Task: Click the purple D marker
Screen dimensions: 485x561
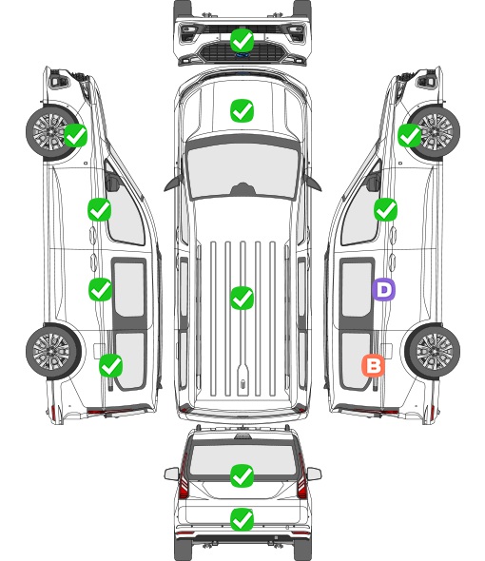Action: tap(383, 289)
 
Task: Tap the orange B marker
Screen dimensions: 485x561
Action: tap(373, 366)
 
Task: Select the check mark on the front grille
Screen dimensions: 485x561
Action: tap(242, 40)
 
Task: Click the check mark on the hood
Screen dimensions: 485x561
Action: tap(242, 110)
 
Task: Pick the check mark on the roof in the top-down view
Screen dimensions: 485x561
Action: tap(242, 298)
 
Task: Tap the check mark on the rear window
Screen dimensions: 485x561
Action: tap(242, 475)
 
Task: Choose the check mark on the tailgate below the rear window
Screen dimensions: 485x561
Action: tap(242, 519)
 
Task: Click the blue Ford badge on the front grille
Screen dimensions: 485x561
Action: tap(242, 55)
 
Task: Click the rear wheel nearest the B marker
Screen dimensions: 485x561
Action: tap(433, 351)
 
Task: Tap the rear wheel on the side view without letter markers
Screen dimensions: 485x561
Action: tap(53, 351)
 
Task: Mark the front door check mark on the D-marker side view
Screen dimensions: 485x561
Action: tap(385, 209)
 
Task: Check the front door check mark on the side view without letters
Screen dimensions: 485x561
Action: tap(99, 209)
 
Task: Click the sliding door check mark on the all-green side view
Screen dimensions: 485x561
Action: tap(100, 289)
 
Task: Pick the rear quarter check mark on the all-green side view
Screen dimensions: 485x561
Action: tap(110, 366)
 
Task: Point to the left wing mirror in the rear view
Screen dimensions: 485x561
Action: tap(172, 474)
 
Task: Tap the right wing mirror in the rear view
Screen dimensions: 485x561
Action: tap(314, 474)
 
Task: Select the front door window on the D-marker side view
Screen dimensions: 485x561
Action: tap(359, 212)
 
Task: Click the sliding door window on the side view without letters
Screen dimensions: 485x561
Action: tap(129, 289)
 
